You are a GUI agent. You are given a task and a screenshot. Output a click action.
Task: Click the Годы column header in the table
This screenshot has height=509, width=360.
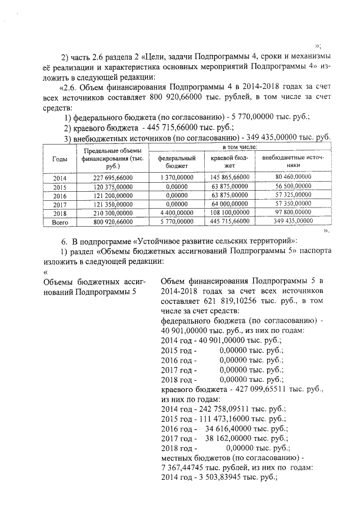[59, 159]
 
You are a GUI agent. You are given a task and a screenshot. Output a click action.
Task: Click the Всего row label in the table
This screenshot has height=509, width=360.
[59, 222]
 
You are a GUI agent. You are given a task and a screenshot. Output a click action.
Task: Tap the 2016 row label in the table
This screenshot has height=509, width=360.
[59, 195]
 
